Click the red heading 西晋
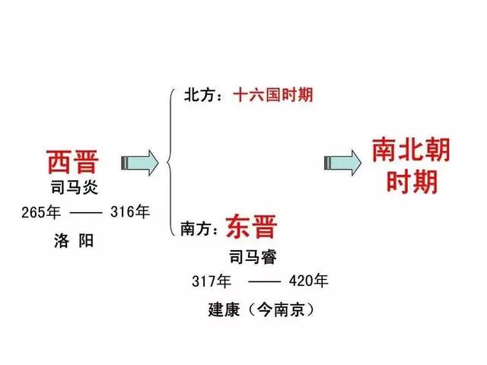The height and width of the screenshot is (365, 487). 72,162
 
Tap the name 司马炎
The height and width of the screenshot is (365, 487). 75,188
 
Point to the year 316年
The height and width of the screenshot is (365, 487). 129,212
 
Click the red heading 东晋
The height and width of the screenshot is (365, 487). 252,225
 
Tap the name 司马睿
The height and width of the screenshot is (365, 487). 252,256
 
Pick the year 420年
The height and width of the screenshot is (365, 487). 310,281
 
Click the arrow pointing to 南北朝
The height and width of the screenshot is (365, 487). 342,162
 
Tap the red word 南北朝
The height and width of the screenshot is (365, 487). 410,149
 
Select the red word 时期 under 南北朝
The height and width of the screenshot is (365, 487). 410,182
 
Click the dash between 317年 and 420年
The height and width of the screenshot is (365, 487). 264,281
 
